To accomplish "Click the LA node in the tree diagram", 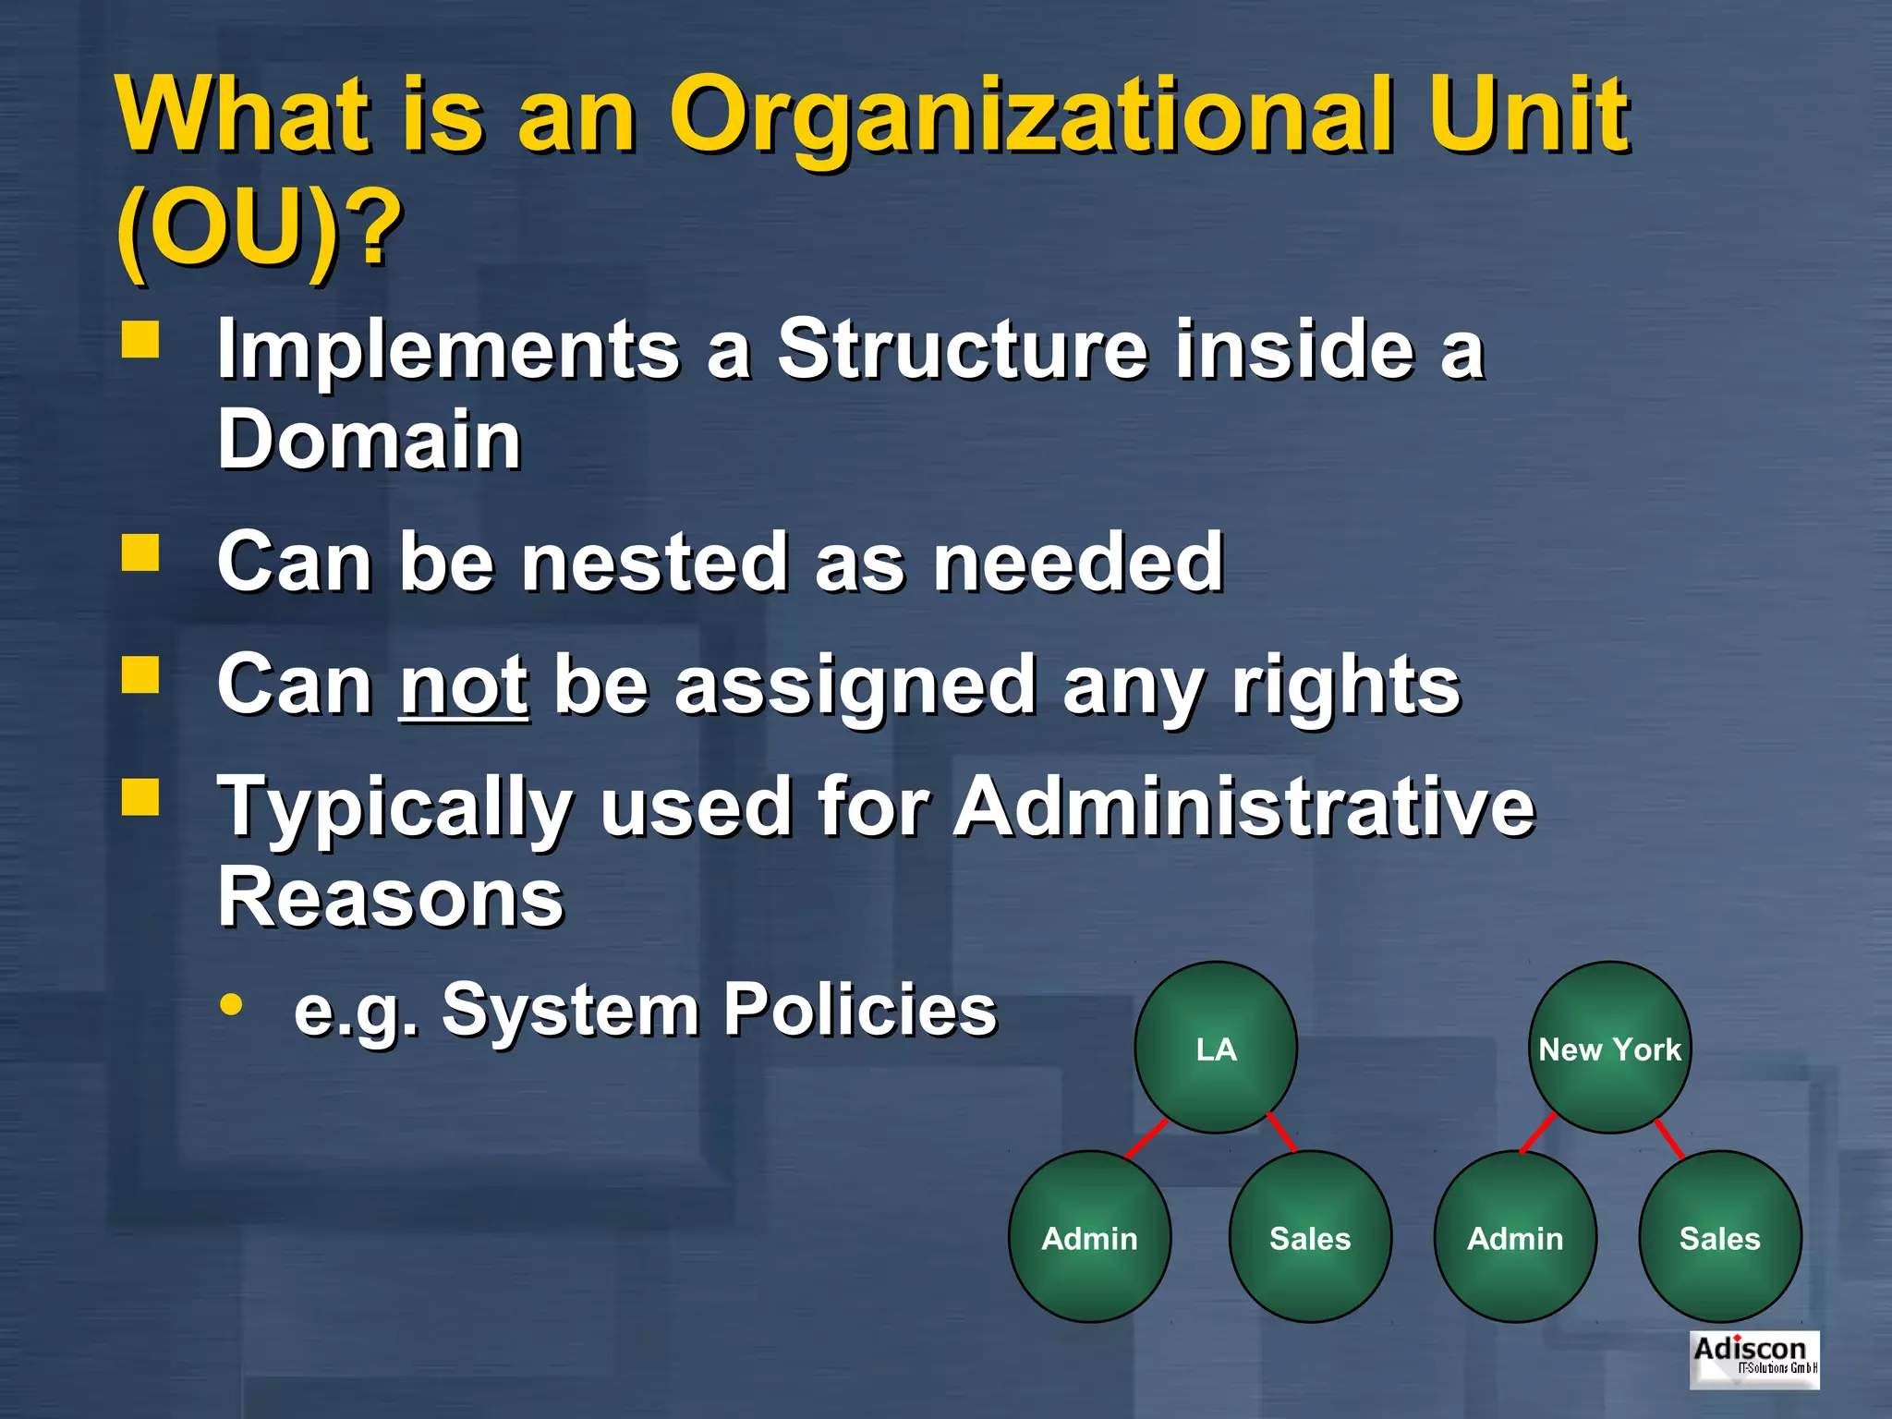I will [1216, 1048].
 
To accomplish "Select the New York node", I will [1609, 1048].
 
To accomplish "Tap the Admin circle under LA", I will [1089, 1237].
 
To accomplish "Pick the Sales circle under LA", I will [1310, 1237].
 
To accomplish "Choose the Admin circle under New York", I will [1515, 1237].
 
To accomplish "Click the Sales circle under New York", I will [1719, 1237].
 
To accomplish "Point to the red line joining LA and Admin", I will [1146, 1139].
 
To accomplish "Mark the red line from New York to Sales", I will [1669, 1139].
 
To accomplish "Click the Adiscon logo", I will [1754, 1359].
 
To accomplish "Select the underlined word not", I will [464, 685].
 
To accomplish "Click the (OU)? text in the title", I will [259, 227].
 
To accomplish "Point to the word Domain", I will [370, 440].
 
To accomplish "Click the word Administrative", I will [1243, 807].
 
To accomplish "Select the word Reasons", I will [390, 898].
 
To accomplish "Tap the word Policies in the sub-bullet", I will [859, 1009].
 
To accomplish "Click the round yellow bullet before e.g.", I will [232, 1005].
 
